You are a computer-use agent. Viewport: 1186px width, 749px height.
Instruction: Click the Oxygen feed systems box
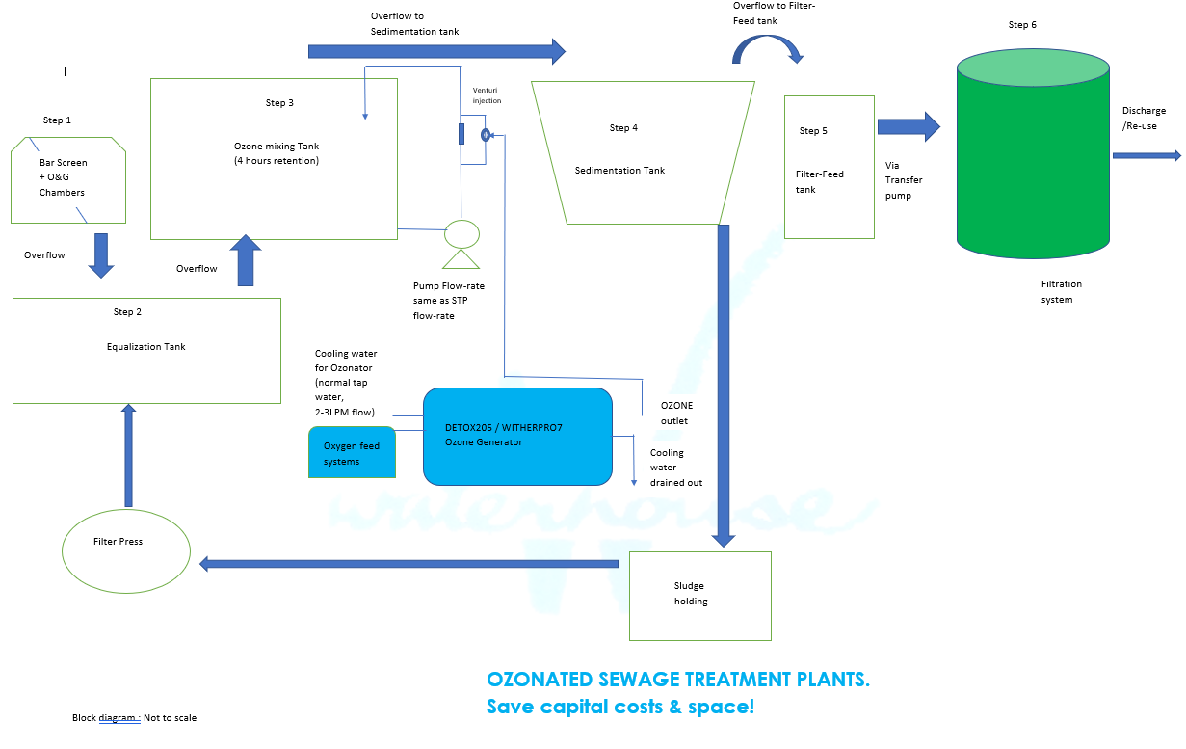pos(352,452)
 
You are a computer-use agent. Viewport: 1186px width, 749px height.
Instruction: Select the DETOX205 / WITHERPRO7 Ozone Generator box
pos(517,437)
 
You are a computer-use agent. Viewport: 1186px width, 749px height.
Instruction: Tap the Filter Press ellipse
pos(126,551)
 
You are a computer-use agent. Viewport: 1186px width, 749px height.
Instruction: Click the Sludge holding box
pos(700,596)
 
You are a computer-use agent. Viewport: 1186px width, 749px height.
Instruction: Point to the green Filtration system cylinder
pos(1033,153)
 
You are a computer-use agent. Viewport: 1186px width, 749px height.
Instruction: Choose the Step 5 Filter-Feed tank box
pos(830,167)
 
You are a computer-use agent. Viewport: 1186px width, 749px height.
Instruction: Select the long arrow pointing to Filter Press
pos(409,564)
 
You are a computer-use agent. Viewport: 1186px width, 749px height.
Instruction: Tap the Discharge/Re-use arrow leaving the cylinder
pos(1146,156)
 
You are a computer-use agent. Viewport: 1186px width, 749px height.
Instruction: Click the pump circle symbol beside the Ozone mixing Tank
pos(461,234)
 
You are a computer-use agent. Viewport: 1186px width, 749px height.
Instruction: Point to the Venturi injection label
pos(487,95)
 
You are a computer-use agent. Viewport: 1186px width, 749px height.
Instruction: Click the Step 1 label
pos(57,120)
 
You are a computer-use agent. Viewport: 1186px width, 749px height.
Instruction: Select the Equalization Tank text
pos(146,346)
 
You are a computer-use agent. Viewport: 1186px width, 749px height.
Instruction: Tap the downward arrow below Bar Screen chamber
pos(101,255)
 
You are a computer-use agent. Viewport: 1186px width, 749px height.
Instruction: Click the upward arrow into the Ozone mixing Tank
pos(246,260)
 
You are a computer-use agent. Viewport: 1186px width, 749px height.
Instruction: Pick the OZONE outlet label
pos(676,414)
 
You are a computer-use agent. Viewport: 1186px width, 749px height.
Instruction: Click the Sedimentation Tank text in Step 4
pos(619,170)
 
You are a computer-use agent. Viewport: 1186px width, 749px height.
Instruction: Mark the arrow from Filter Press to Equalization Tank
pos(129,456)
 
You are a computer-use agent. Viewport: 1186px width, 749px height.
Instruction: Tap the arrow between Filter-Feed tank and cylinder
pos(909,126)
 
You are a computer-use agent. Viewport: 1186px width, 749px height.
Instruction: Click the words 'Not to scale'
pos(170,718)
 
